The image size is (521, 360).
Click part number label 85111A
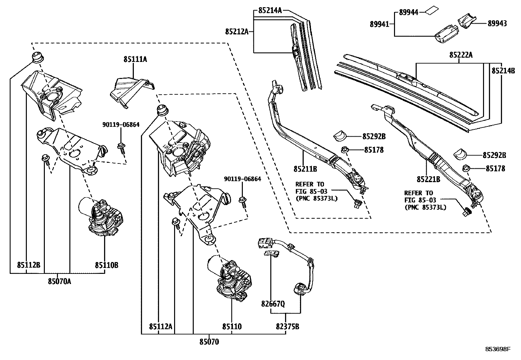pos(135,59)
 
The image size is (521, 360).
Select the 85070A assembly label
pos(59,281)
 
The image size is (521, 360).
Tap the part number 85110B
pos(107,265)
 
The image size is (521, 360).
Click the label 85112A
pos(161,326)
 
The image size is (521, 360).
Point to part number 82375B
pos(287,326)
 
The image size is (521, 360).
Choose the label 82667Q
pos(273,304)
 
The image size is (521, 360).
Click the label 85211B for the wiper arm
pos(305,169)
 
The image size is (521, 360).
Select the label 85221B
pos(428,179)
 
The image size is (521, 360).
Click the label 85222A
pos(461,55)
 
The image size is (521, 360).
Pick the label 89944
pos(408,13)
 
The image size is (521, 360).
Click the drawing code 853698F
pos(498,349)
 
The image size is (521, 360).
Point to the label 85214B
pos(503,70)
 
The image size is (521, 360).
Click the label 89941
pos(380,24)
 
